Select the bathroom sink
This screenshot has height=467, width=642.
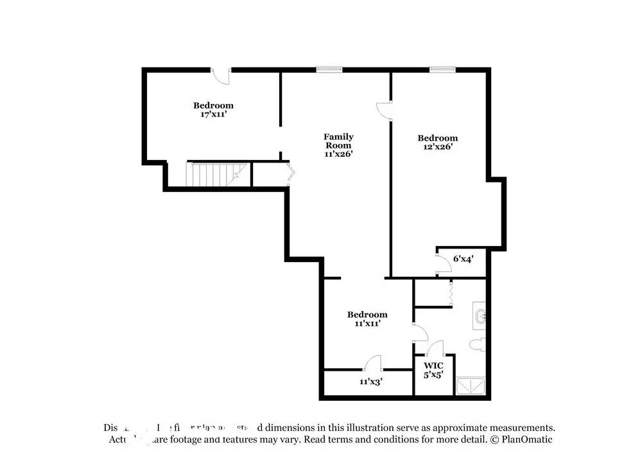(481, 315)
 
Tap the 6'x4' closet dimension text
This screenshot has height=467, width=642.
(463, 259)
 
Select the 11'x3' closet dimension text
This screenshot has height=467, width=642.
(372, 382)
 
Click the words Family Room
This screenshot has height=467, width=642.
(338, 141)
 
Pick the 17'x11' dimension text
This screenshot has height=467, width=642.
(213, 114)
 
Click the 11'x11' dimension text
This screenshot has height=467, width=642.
(367, 324)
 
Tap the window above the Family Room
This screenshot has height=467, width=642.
(329, 69)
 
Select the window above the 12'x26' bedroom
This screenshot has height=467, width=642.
(442, 69)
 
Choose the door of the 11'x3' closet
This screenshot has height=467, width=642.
(373, 364)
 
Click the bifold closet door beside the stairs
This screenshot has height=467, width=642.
(291, 173)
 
